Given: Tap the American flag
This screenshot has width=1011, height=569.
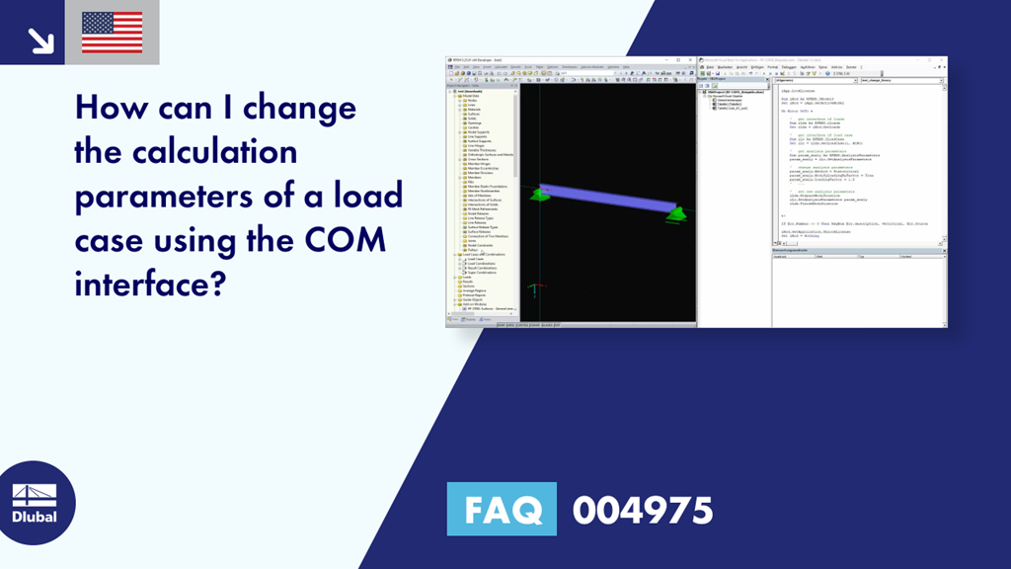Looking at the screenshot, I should point(112,33).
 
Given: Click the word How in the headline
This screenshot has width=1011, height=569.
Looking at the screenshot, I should point(116,106).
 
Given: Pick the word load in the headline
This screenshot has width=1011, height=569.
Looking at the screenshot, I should point(368,196).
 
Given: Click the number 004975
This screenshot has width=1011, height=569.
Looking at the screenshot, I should point(643,510).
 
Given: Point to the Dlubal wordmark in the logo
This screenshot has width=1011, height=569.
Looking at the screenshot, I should point(34,517).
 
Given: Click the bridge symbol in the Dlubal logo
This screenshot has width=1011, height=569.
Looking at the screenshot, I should point(34,495).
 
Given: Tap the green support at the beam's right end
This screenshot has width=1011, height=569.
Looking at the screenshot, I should point(676,212).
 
